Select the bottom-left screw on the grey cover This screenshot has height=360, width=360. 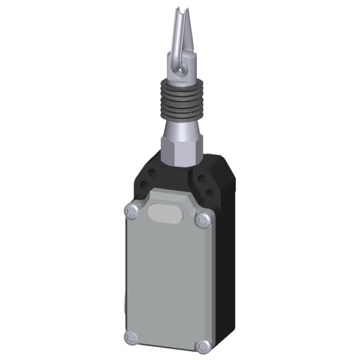point(131,338)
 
